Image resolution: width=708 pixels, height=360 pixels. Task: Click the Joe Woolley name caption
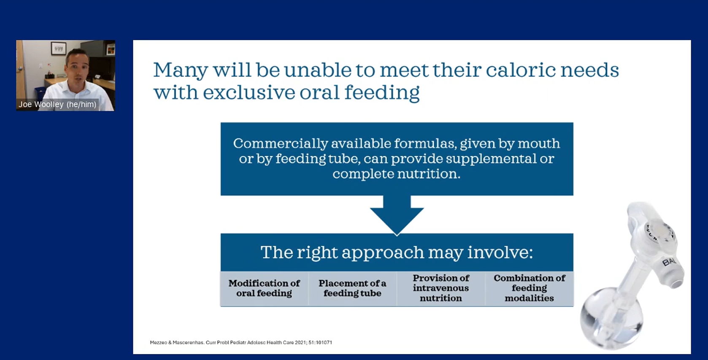(x=57, y=104)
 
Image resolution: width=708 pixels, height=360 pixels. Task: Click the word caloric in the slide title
(x=520, y=70)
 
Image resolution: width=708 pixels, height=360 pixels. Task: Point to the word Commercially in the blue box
(x=281, y=144)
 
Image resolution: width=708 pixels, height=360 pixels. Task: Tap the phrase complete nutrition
(x=396, y=174)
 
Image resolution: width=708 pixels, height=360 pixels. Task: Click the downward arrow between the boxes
(x=397, y=215)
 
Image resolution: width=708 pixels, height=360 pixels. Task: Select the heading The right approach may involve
(x=397, y=252)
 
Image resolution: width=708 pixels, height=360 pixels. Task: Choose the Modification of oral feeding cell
(x=264, y=288)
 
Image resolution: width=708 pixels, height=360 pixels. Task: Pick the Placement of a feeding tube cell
(x=352, y=288)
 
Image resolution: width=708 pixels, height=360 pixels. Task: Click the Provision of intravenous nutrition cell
(x=441, y=288)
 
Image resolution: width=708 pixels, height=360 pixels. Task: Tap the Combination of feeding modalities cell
(x=530, y=288)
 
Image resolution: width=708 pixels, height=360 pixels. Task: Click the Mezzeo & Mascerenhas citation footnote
(x=241, y=342)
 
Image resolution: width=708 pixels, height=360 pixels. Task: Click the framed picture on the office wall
(x=59, y=49)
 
